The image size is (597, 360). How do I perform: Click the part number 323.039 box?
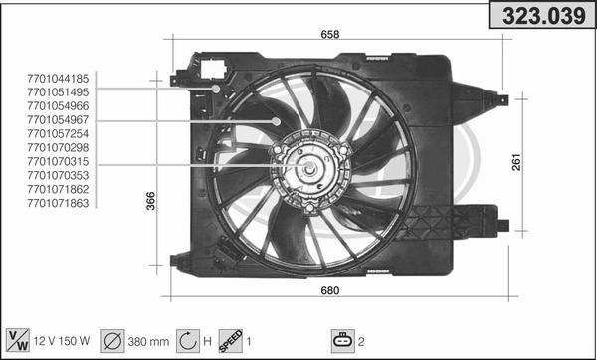point(542,16)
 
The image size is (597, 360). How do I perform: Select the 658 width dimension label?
point(330,34)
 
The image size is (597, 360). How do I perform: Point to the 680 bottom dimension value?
point(330,290)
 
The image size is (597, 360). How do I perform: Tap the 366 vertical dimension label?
point(151,201)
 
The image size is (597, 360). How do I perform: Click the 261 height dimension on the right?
point(516,162)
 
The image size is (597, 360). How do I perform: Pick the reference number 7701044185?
point(58,79)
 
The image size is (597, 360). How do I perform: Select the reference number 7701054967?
point(58,120)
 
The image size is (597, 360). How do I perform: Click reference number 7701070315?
point(58,161)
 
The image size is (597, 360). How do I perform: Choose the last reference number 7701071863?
point(58,203)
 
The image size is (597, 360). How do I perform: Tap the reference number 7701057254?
point(58,133)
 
